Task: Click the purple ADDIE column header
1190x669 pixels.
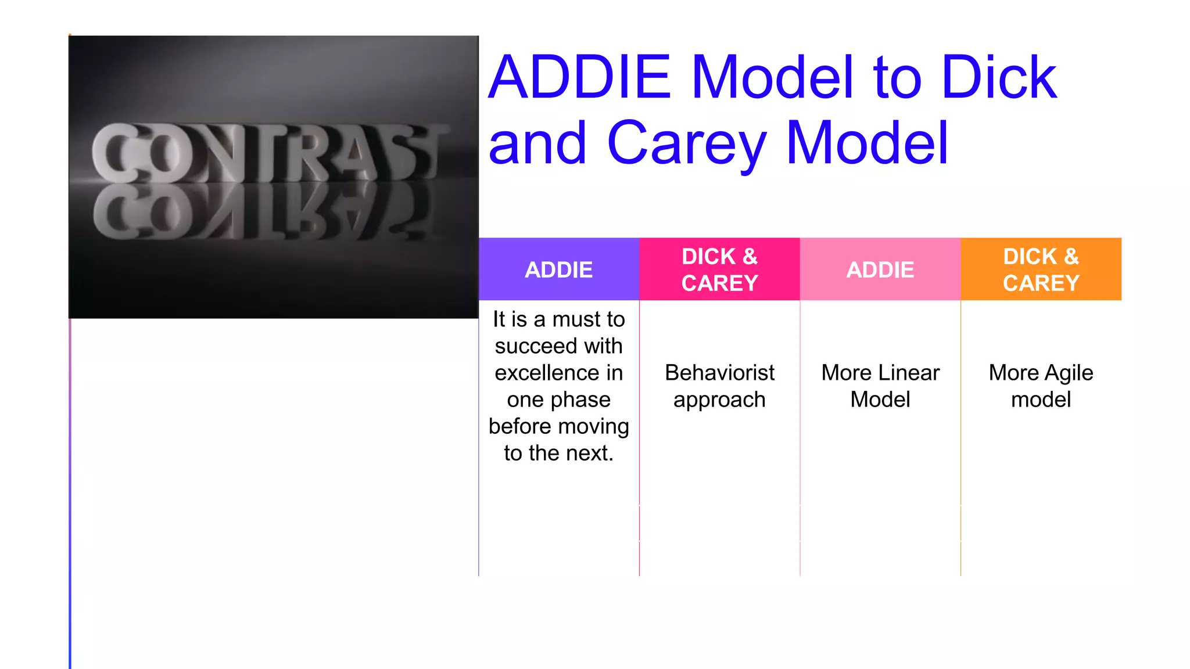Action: point(558,269)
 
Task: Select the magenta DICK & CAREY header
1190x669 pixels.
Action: point(719,269)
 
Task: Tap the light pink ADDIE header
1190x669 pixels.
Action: point(880,269)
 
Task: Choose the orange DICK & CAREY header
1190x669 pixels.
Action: point(1041,269)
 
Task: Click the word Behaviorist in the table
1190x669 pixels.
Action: point(719,373)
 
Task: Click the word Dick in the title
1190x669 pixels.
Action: point(999,77)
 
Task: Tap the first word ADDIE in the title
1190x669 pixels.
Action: point(580,77)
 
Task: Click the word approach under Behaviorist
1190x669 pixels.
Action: point(719,400)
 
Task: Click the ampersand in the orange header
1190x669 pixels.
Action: point(1071,257)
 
